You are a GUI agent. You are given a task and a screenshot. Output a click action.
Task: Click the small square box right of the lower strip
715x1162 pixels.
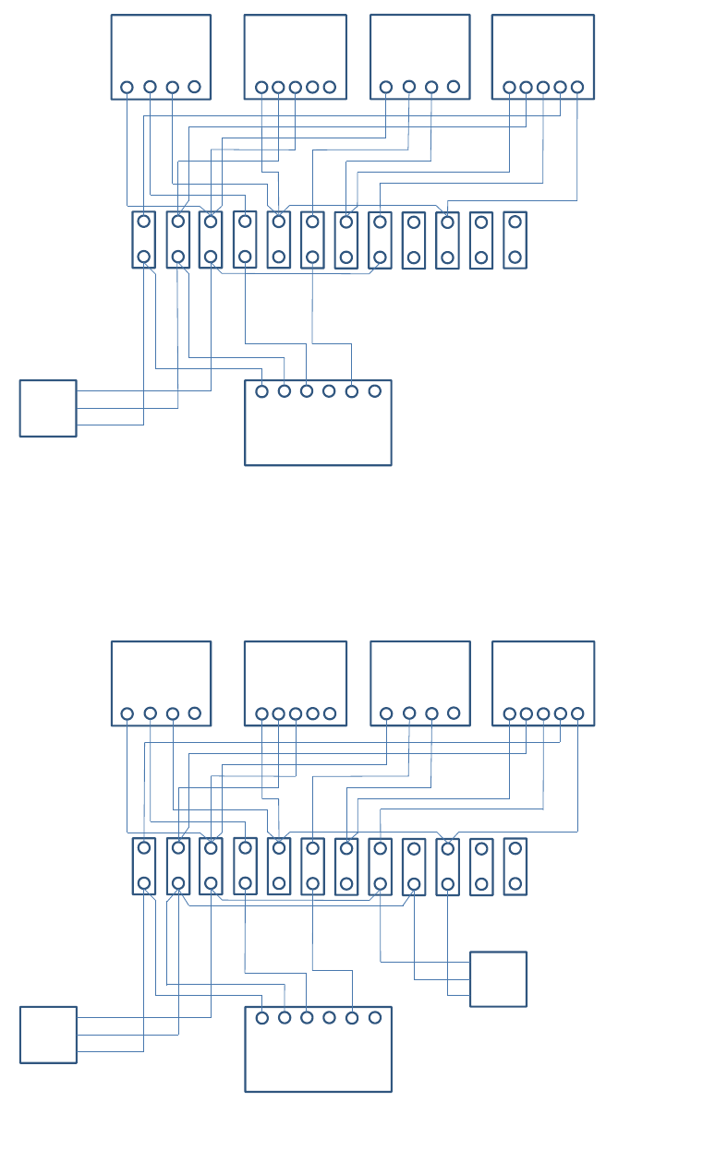click(x=498, y=979)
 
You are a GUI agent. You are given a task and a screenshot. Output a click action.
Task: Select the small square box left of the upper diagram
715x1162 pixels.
click(x=48, y=408)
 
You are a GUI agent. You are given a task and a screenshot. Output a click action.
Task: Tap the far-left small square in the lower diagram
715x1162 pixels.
click(x=48, y=1035)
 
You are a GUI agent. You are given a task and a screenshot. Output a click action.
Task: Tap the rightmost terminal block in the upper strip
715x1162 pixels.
click(x=515, y=240)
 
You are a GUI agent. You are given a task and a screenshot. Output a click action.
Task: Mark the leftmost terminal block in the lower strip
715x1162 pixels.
click(x=144, y=867)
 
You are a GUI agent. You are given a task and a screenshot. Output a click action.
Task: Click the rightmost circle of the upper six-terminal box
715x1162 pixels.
click(x=374, y=391)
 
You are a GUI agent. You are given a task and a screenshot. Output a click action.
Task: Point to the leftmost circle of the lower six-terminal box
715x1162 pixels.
click(x=262, y=1018)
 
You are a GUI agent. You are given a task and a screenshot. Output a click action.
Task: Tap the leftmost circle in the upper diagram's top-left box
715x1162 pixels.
click(x=127, y=88)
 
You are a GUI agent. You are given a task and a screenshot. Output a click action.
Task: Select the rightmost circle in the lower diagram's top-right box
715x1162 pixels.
click(x=577, y=713)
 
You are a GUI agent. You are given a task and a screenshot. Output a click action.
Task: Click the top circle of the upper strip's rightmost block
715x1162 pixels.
click(x=515, y=222)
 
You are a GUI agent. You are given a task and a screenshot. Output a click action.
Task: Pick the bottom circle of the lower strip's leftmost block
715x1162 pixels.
click(x=144, y=883)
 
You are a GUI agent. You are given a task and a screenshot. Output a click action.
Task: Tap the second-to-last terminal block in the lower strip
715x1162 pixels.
click(x=481, y=867)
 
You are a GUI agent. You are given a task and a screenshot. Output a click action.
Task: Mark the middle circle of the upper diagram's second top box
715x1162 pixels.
click(x=296, y=88)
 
